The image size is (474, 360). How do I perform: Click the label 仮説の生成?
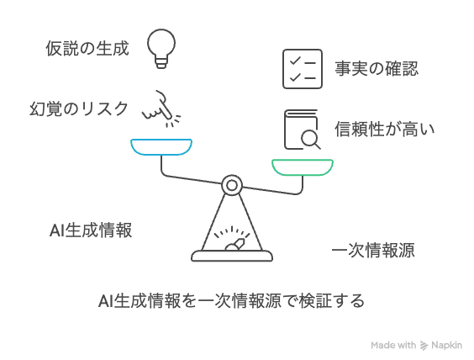coord(87,49)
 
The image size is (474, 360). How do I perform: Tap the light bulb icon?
coord(161,49)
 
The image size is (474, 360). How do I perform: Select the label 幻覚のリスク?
coord(79,109)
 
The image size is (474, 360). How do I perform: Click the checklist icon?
coord(303,69)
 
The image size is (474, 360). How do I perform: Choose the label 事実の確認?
coord(377,68)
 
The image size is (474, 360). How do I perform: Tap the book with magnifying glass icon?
coord(302,130)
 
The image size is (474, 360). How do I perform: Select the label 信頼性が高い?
coord(385,129)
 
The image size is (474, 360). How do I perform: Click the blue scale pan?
coord(161,147)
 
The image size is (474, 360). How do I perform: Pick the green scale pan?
coord(303,167)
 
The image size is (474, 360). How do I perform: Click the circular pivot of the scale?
coord(232,185)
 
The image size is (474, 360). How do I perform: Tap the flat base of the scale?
coord(232,256)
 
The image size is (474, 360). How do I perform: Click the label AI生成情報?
coord(91,230)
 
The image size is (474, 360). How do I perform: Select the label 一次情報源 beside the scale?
coord(373,250)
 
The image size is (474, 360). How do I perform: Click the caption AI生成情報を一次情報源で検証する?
coord(231,301)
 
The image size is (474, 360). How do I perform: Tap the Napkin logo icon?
coord(424,346)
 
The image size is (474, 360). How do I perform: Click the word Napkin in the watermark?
coord(446,346)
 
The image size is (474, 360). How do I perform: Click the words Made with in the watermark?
coord(393,345)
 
